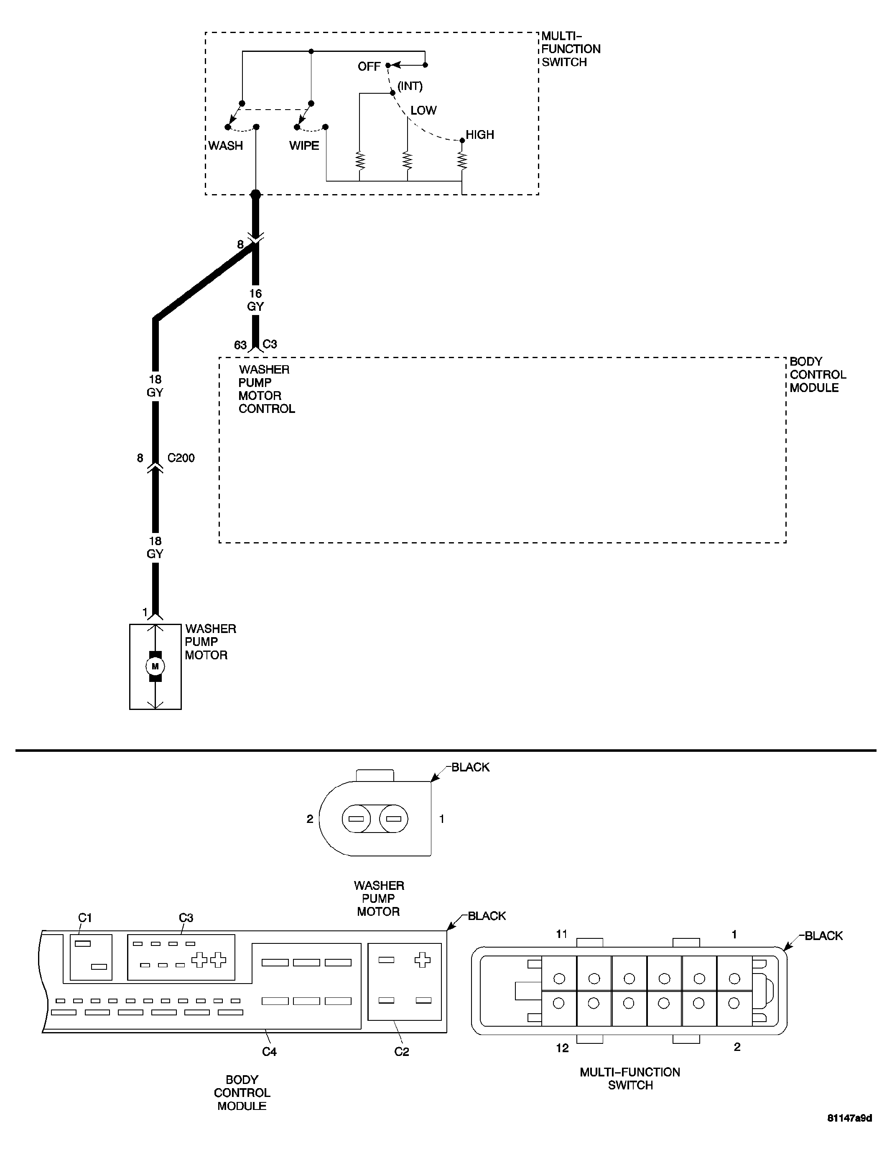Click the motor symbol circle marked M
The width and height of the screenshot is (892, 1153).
(155, 666)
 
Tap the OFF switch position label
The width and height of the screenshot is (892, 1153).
(369, 67)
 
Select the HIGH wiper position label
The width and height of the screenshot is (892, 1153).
(479, 135)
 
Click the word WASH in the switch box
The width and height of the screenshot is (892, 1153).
(225, 146)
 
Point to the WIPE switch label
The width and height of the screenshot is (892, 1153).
(304, 146)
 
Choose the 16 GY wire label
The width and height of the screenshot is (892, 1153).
(255, 300)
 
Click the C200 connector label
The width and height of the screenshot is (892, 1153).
(181, 458)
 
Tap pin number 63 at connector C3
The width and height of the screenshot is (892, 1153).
(240, 345)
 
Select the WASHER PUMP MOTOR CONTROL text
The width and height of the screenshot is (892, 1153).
(266, 389)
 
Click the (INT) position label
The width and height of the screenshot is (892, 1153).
(410, 86)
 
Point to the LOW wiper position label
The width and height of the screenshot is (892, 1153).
(423, 110)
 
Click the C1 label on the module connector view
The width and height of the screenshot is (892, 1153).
(85, 918)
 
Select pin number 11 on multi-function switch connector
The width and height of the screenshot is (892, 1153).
(562, 935)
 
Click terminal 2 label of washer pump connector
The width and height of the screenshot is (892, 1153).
(310, 819)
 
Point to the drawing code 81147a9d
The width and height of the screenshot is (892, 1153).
(849, 1133)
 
